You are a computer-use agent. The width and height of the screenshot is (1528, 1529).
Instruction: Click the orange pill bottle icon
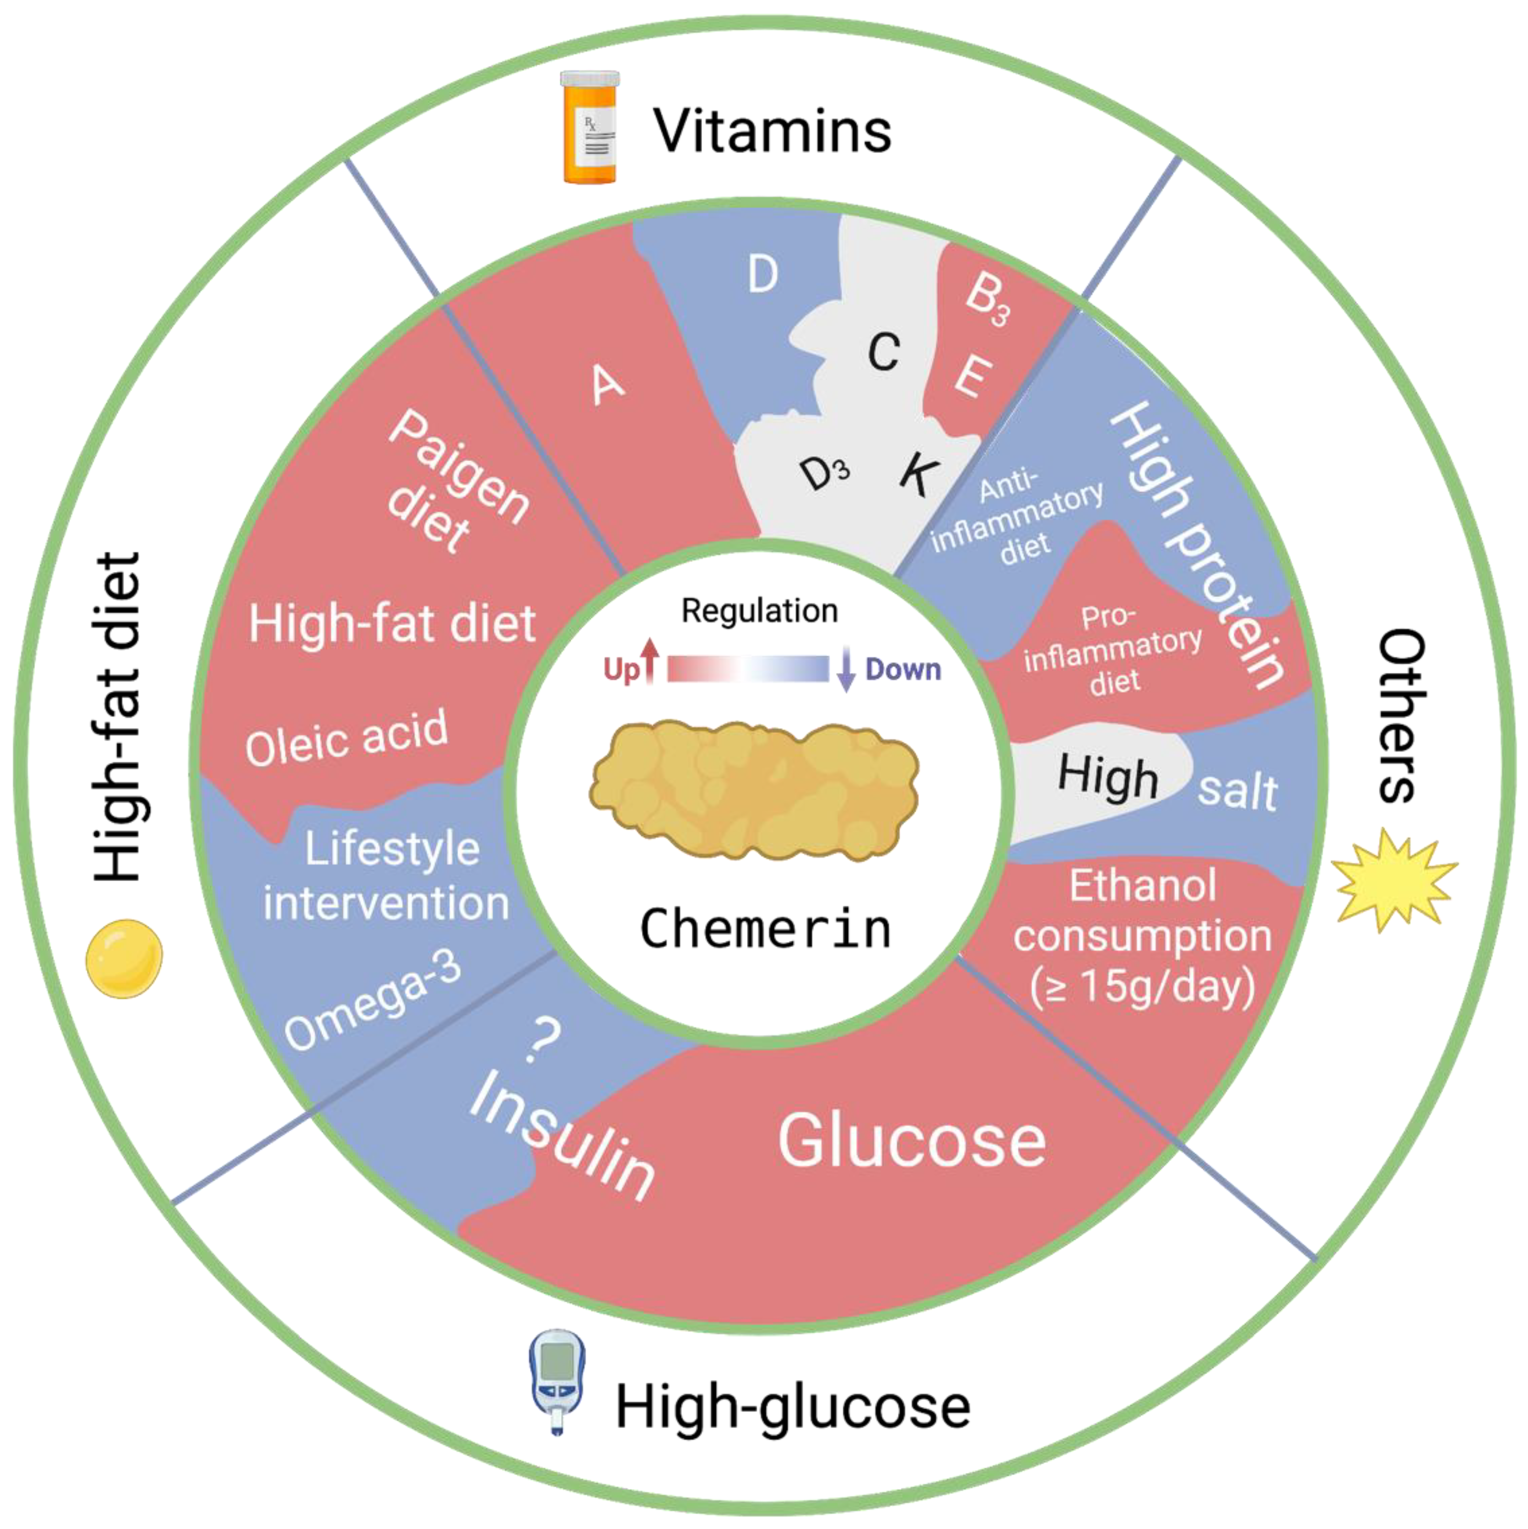point(590,127)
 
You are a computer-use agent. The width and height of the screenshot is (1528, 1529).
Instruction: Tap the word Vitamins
point(772,131)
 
